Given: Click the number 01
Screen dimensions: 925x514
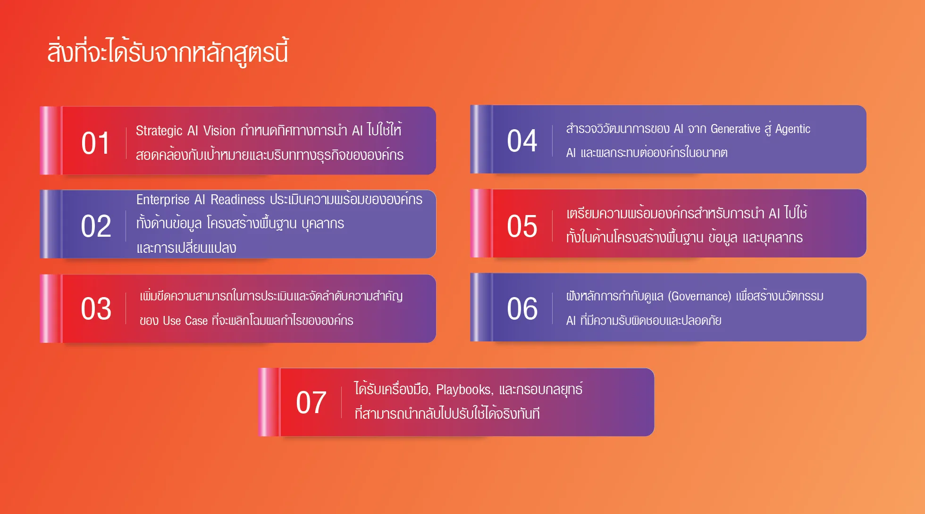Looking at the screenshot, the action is (95, 143).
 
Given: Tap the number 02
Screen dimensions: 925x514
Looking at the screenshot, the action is (96, 226).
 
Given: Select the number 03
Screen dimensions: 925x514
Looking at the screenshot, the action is (96, 309).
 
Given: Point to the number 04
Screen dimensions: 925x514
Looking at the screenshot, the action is (522, 141).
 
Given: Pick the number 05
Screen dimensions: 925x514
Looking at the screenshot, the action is (522, 226).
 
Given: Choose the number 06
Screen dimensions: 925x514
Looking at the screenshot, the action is (522, 309).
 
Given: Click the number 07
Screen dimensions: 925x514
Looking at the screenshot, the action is (311, 402).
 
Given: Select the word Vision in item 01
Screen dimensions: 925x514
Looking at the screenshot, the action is (219, 131).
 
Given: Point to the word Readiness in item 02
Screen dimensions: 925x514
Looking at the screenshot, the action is (238, 199).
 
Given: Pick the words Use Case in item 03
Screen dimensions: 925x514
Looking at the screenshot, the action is (185, 321).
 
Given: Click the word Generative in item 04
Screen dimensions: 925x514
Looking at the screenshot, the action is (735, 129).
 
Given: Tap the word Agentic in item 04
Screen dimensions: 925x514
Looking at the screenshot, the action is (793, 129).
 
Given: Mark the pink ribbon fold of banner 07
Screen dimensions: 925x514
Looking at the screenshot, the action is (269, 402).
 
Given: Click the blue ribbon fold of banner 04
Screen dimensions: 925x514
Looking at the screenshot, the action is (481, 139).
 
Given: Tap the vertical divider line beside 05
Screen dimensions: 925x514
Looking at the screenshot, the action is (552, 226).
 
